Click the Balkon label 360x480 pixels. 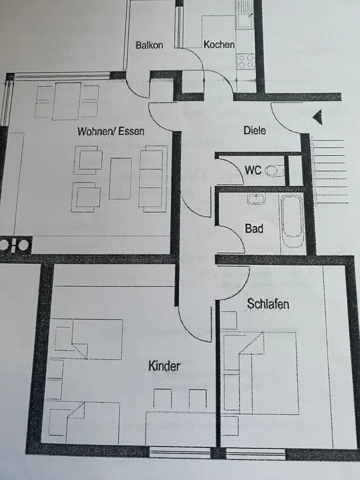[149, 45]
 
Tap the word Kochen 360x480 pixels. [219, 45]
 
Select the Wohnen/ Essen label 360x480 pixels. [111, 131]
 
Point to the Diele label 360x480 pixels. [254, 130]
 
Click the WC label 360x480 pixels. [253, 170]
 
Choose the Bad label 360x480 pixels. [254, 228]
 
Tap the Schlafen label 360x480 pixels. [268, 303]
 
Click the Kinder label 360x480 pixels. [165, 366]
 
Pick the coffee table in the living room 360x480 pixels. [120, 178]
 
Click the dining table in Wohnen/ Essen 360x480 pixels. [67, 101]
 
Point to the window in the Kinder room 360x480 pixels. [180, 452]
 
